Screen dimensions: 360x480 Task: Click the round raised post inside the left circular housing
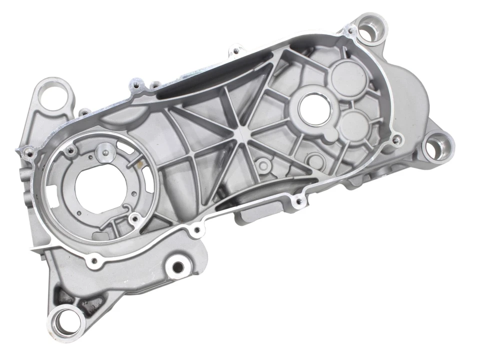click(104, 148)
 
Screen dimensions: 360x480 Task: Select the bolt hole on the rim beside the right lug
click(397, 140)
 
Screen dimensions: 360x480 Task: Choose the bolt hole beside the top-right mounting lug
click(350, 31)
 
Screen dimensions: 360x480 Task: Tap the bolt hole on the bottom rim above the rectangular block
click(299, 201)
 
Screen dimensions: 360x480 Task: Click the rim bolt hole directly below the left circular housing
click(93, 260)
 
